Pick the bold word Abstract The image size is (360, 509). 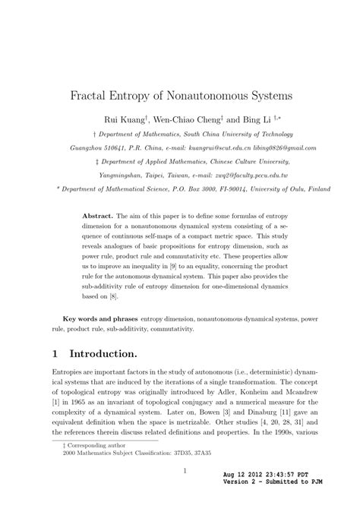(x=99, y=217)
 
